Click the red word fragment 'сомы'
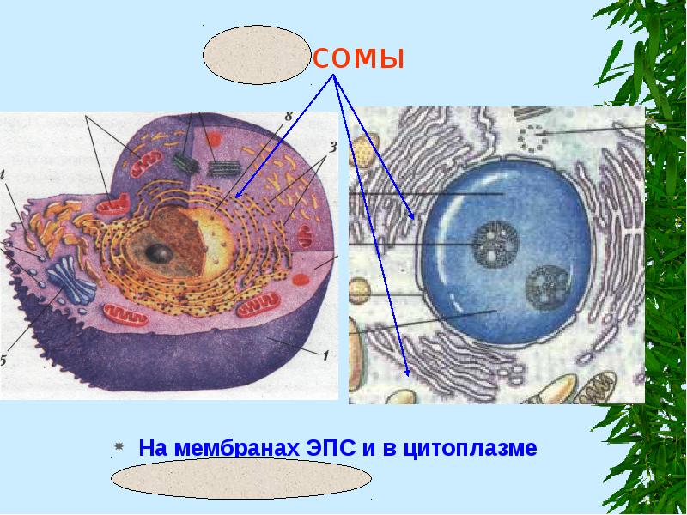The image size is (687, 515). [x=358, y=59]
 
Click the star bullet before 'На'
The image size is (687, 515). [x=120, y=448]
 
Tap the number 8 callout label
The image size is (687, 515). [x=289, y=117]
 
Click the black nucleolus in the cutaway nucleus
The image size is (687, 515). [x=158, y=252]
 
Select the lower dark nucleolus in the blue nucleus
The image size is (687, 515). [x=544, y=287]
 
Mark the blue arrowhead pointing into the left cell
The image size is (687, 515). [x=240, y=193]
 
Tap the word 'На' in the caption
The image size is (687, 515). [x=151, y=448]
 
